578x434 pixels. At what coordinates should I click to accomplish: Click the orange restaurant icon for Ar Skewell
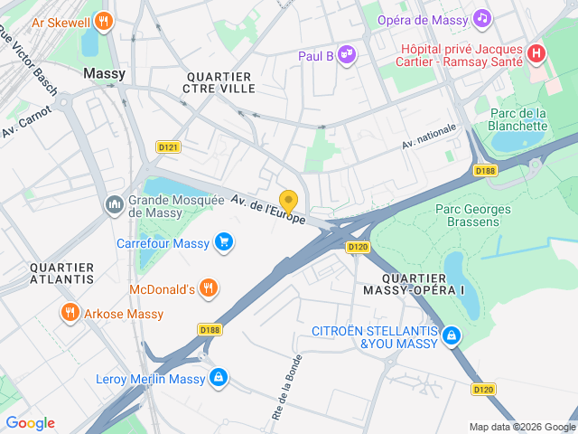105,20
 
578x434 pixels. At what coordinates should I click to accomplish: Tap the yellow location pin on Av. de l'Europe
288,201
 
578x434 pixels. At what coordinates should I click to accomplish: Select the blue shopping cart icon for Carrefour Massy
223,241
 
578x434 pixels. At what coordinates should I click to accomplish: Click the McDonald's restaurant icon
209,288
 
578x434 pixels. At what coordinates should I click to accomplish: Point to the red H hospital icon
536,53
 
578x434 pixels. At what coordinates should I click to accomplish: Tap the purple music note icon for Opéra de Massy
482,18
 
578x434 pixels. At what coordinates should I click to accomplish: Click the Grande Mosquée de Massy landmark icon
115,205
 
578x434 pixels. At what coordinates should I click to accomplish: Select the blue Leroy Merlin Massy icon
219,378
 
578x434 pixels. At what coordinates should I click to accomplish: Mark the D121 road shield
168,146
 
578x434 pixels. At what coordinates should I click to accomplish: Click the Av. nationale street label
430,136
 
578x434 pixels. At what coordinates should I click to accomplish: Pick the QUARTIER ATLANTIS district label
61,273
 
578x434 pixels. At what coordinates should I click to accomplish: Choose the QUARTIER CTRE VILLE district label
219,82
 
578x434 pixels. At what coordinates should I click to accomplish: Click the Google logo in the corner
30,423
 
